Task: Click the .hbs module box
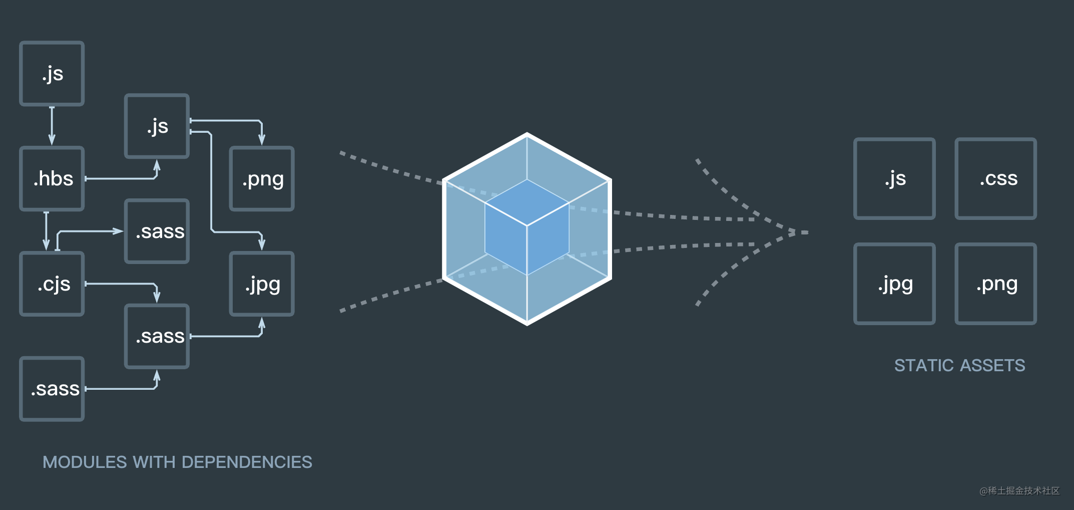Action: pyautogui.click(x=52, y=179)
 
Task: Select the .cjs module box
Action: pyautogui.click(x=52, y=284)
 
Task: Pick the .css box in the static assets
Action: pyautogui.click(x=995, y=179)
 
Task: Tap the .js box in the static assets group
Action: pyautogui.click(x=894, y=179)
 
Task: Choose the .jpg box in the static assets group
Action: pyautogui.click(x=894, y=284)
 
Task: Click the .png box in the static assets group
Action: pyautogui.click(x=995, y=284)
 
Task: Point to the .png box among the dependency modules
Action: pyautogui.click(x=262, y=179)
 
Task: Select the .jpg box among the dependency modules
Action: pyautogui.click(x=262, y=284)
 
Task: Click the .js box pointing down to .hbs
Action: pyautogui.click(x=52, y=74)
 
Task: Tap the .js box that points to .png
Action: pyautogui.click(x=157, y=126)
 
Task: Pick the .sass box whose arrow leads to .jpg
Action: pyautogui.click(x=157, y=337)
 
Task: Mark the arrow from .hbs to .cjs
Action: pyautogui.click(x=46, y=230)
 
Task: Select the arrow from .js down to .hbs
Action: pyautogui.click(x=52, y=126)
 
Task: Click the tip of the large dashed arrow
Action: pyautogui.click(x=803, y=232)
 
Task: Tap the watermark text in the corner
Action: pyautogui.click(x=1019, y=491)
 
